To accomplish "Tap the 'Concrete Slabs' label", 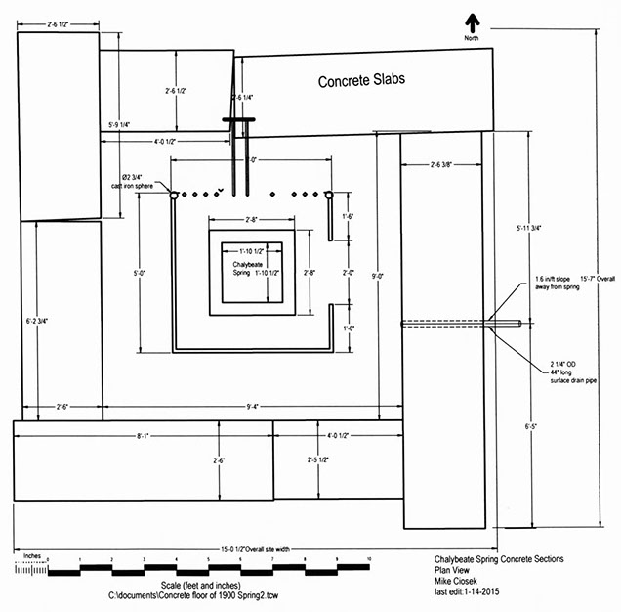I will click(x=361, y=81).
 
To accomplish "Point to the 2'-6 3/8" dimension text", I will click(x=448, y=165).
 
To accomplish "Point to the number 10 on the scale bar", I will click(x=369, y=560).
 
